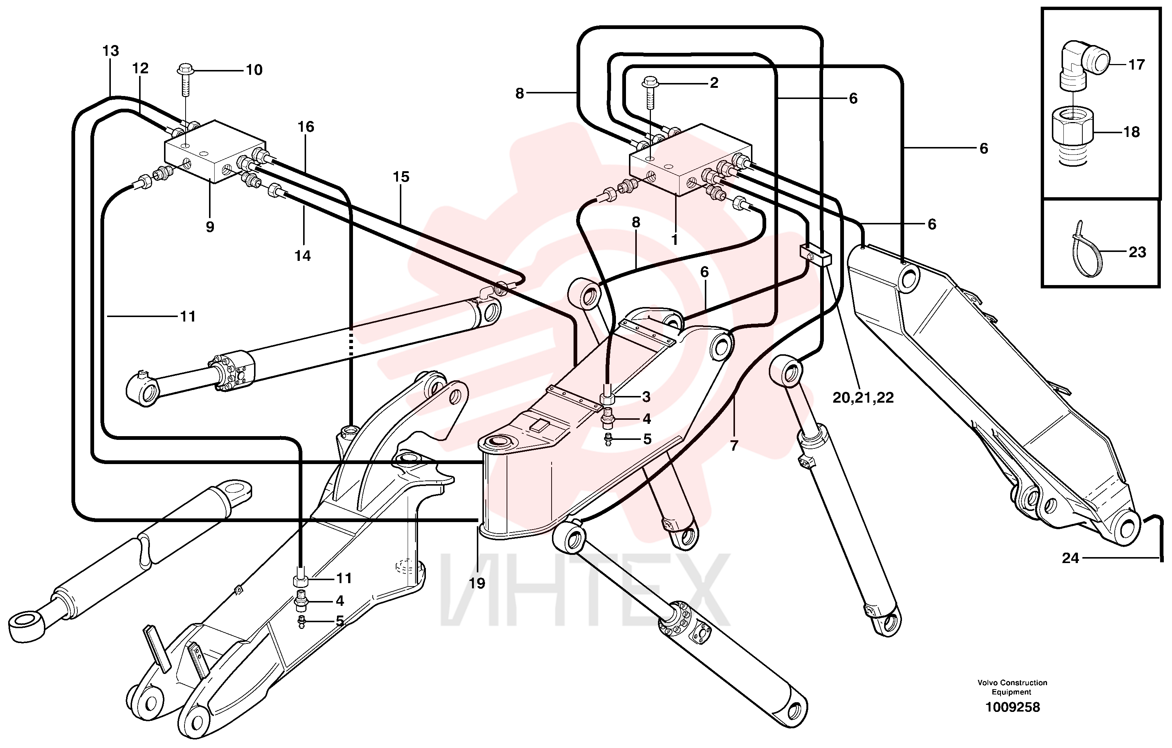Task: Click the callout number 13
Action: (111, 51)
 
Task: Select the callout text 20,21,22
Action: (863, 397)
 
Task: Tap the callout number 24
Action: (1071, 558)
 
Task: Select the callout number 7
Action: (734, 445)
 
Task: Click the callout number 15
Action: (401, 177)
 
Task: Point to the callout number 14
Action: (302, 256)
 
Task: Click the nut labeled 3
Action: (607, 397)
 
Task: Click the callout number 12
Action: (140, 68)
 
